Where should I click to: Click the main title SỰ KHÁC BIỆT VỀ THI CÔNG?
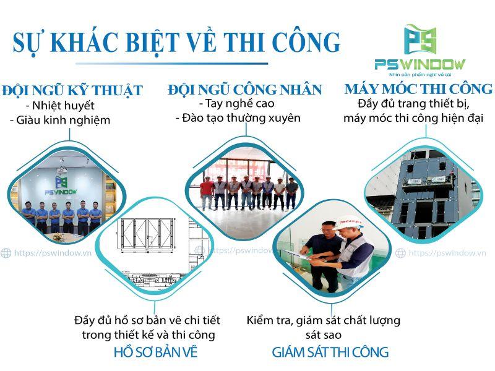point(177,41)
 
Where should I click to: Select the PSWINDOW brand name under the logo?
point(420,64)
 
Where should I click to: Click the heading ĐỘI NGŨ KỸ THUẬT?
point(72,90)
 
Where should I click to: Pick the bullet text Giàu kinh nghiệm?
point(60,121)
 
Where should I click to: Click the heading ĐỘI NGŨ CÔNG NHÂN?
point(245,90)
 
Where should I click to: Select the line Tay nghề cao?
point(237,103)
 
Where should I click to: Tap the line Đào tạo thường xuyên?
point(238,117)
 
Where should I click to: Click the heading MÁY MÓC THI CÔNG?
point(418,89)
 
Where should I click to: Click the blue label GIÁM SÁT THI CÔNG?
point(330,352)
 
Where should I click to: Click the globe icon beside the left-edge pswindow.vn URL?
point(6,253)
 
